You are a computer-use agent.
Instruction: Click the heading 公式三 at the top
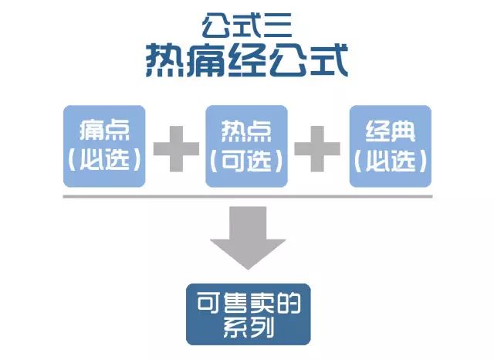coord(247,25)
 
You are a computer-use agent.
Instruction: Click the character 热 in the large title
coord(164,60)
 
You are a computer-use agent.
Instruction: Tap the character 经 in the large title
coord(247,60)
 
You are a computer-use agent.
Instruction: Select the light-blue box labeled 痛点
coord(104,146)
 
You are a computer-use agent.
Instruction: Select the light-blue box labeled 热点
coord(246,146)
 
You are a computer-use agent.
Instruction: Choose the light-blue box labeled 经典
coord(391,146)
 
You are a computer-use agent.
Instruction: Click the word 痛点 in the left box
coord(104,131)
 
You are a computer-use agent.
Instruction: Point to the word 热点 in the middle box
coord(246,131)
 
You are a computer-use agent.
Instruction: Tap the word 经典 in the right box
coord(391,131)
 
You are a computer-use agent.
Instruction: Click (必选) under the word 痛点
coord(104,159)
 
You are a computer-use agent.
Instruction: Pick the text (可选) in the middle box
coord(246,161)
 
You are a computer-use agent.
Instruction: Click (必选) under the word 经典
coord(391,161)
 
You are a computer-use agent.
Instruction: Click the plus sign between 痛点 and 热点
coord(177,149)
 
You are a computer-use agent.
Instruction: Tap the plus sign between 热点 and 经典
coord(317,149)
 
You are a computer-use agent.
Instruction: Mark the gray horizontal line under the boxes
coord(248,196)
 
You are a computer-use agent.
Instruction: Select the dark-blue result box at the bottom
coord(249,314)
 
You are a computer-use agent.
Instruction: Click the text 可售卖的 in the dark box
coord(249,303)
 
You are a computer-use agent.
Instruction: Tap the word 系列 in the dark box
coord(249,328)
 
